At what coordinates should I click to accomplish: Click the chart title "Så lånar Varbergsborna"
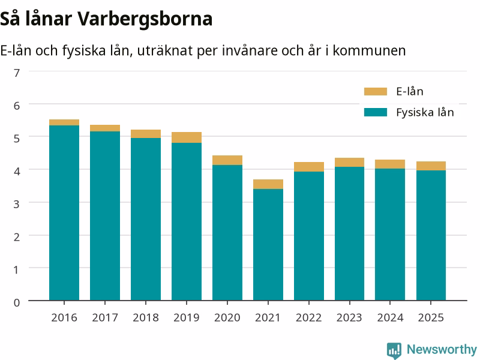[x=106, y=19]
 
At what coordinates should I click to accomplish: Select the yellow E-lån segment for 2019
[x=187, y=137]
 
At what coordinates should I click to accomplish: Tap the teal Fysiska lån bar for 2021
[x=268, y=245]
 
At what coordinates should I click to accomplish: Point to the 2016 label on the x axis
[x=64, y=318]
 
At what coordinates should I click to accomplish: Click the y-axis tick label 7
[x=17, y=73]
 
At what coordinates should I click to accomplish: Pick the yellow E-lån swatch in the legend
[x=376, y=92]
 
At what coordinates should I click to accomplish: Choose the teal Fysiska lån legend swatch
[x=376, y=112]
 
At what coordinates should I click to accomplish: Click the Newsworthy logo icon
[x=394, y=350]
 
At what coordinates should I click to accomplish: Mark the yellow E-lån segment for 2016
[x=64, y=122]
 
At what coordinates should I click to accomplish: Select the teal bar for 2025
[x=431, y=235]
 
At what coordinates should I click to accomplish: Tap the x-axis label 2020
[x=227, y=318]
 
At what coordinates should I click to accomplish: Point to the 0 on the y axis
[x=17, y=303]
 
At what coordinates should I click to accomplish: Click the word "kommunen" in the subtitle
[x=369, y=50]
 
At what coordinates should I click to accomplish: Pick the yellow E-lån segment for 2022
[x=309, y=167]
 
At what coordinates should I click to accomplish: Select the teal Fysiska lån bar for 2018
[x=146, y=219]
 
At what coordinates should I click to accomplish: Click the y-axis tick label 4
[x=17, y=172]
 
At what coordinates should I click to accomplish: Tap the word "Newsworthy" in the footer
[x=442, y=349]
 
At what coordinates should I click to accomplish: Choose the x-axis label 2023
[x=349, y=318]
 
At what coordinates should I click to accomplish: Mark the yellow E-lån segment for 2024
[x=390, y=164]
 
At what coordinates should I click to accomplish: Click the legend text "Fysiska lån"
[x=425, y=112]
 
